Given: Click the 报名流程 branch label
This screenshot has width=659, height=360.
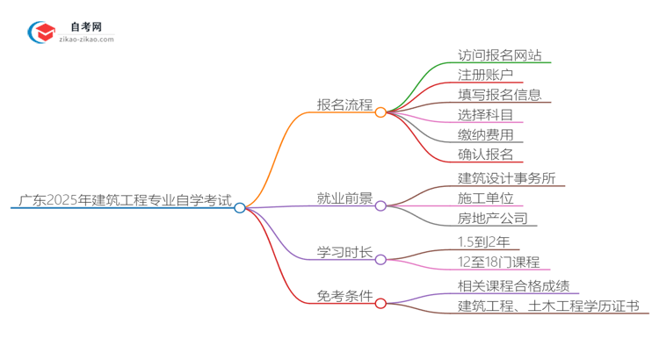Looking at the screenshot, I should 344,105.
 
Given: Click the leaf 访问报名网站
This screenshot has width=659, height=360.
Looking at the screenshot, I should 499,55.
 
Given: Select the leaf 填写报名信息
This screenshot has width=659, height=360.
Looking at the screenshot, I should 499,95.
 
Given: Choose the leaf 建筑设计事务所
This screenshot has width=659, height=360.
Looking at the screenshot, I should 506,178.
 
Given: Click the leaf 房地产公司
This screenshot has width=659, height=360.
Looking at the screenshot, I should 492,219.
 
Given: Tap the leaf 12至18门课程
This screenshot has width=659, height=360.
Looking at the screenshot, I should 498,262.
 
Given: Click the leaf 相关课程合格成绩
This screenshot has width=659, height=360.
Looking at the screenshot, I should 513,285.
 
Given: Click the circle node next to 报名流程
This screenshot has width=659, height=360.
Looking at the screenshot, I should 380,112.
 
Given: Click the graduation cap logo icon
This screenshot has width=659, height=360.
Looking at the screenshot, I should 41,33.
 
